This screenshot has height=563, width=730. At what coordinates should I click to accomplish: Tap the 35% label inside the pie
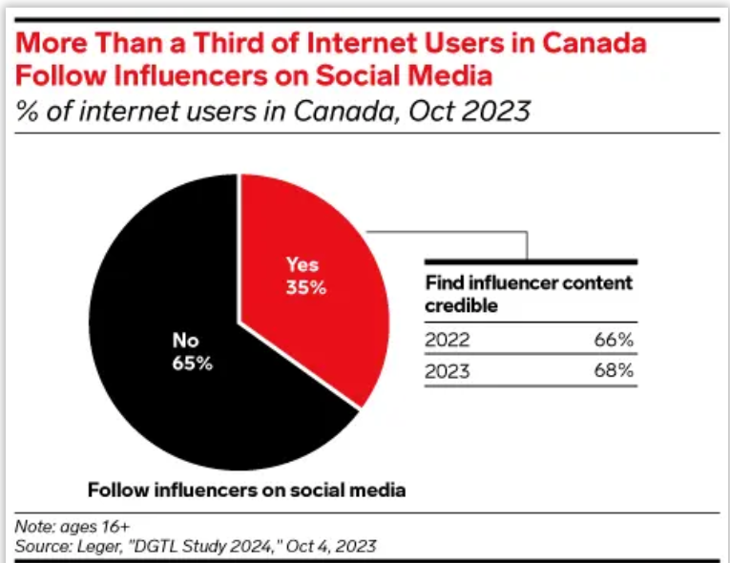[x=305, y=287]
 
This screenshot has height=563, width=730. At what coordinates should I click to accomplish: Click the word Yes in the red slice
[x=302, y=265]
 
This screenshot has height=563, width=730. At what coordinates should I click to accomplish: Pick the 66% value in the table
[x=613, y=341]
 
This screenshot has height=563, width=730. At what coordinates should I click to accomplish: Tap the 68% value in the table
[x=613, y=371]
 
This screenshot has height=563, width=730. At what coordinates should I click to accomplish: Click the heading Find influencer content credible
[x=528, y=295]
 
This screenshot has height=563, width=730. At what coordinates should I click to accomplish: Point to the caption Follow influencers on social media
[x=247, y=490]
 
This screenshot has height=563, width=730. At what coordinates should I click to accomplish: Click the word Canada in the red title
[x=598, y=44]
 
